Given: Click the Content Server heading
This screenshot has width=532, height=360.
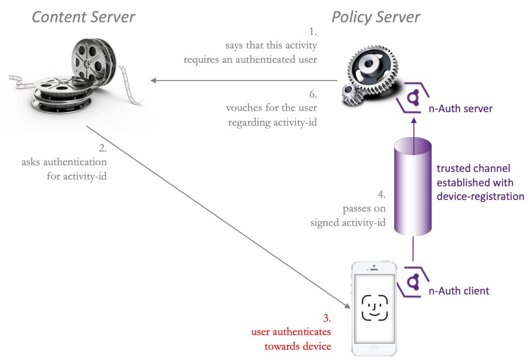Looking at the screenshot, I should (x=83, y=17).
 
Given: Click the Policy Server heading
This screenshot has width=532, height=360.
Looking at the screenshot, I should (x=376, y=17).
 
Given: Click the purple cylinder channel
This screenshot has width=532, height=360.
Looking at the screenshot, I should (x=413, y=184).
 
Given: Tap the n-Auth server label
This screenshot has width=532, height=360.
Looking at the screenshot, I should (x=459, y=109).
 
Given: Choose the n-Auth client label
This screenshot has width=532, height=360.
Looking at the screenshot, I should (x=459, y=290).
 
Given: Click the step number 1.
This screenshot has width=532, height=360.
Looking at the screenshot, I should (x=313, y=32).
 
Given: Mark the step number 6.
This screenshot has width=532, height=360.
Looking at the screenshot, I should (x=313, y=95).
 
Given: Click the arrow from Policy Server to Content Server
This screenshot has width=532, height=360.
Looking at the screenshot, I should (x=244, y=81).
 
